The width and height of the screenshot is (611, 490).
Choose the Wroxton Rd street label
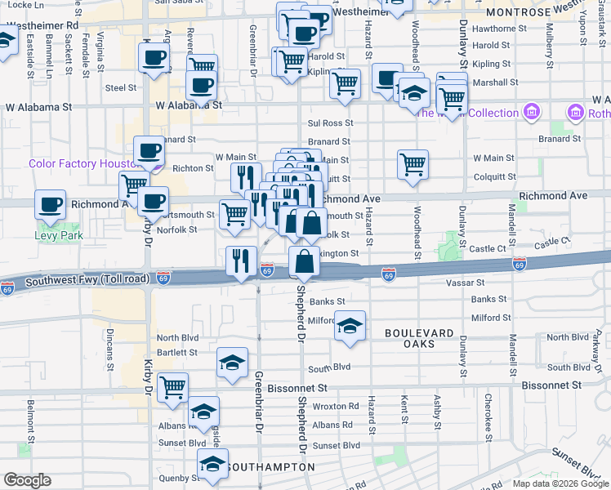pos(335,406)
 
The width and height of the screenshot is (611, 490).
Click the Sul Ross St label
pos(329,123)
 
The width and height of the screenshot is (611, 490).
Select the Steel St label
pos(120,87)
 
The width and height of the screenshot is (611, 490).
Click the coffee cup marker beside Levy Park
pos(50,205)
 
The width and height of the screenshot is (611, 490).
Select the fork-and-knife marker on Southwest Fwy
pos(241,261)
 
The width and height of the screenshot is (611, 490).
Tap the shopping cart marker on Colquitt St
pos(413,164)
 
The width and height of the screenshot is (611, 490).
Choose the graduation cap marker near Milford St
pos(350,326)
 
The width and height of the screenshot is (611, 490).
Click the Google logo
pos(28,481)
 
